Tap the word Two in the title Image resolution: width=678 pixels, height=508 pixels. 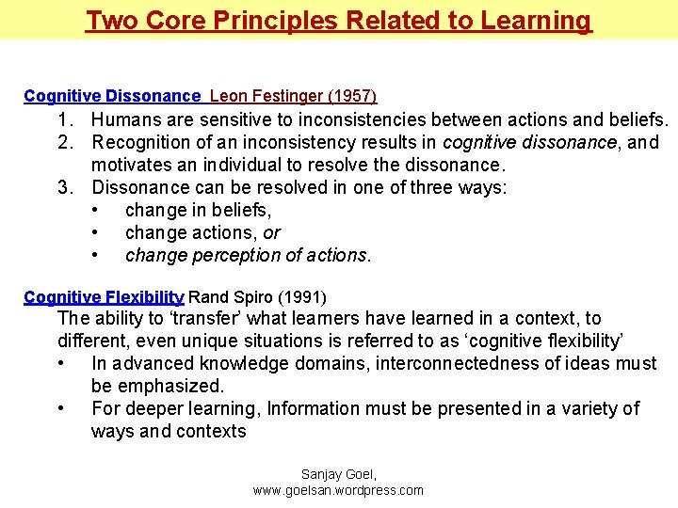109,20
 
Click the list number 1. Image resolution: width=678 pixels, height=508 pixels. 64,120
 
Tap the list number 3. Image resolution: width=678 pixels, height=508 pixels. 64,188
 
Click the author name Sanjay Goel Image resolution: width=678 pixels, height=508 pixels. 338,474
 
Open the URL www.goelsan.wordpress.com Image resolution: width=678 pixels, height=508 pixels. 338,490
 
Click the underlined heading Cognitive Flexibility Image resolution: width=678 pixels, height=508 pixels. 104,297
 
